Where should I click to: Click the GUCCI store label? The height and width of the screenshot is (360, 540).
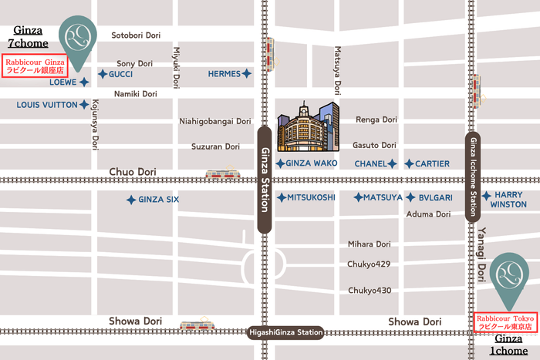121,74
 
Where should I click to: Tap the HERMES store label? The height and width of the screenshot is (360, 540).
224,74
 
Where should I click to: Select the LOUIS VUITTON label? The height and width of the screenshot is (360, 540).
47,104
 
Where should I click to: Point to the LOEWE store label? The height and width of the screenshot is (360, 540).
63,81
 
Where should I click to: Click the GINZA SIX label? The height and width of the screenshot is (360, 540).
158,200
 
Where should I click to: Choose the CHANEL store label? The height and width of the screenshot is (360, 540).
370,163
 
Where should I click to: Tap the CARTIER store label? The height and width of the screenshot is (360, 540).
432,163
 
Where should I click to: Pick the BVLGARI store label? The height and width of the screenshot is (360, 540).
435,197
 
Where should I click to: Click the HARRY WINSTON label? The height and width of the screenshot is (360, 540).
509,200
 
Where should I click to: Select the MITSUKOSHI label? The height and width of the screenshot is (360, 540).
311,197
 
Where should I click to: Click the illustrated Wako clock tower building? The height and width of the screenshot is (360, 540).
308,127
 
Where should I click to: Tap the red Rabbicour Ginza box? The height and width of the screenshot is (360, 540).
35,66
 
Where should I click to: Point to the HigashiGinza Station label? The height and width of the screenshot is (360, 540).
285,333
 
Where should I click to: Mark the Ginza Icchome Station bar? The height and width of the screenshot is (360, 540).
473,177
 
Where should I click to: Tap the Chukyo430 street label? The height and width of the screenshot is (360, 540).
370,291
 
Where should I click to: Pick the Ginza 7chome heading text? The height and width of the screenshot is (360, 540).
30,37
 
